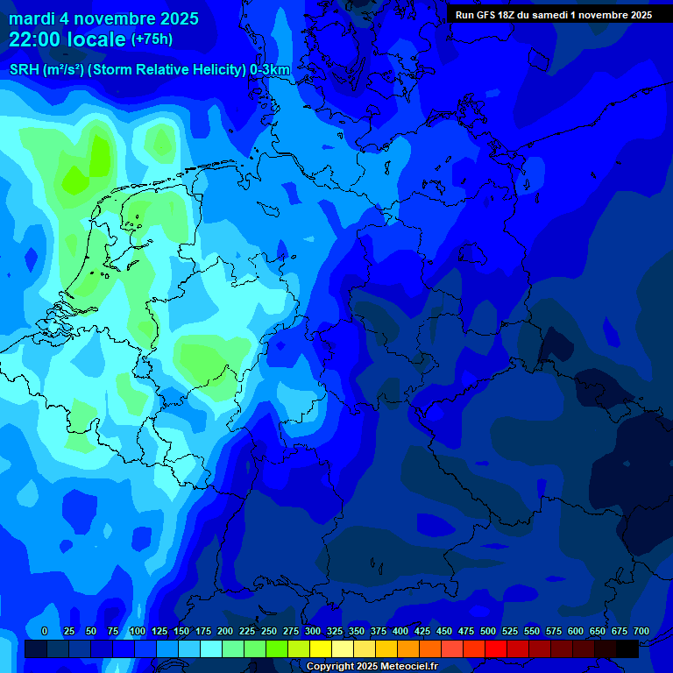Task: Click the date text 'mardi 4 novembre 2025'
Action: pyautogui.click(x=103, y=18)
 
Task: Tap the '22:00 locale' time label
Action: pyautogui.click(x=67, y=39)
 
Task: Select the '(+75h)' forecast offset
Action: pyautogui.click(x=152, y=39)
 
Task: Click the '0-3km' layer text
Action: pyautogui.click(x=270, y=70)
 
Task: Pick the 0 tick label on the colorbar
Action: pyautogui.click(x=45, y=631)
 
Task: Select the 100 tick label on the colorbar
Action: pyautogui.click(x=138, y=631)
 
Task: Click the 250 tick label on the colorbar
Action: pyautogui.click(x=269, y=631)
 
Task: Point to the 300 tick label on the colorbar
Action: pyautogui.click(x=313, y=631)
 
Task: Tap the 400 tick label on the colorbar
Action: pyautogui.click(x=400, y=631)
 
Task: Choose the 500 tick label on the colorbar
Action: pyautogui.click(x=488, y=631)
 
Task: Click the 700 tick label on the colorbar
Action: pyautogui.click(x=641, y=631)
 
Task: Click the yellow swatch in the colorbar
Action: pyautogui.click(x=321, y=649)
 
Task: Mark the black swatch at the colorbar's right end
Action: pyautogui.click(x=627, y=649)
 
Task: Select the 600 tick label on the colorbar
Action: pyautogui.click(x=576, y=631)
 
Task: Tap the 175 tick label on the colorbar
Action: pyautogui.click(x=203, y=631)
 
